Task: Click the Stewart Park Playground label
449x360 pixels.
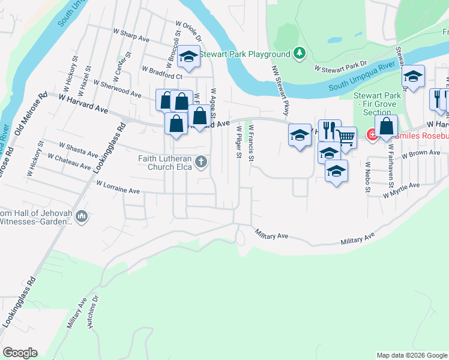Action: point(244,54)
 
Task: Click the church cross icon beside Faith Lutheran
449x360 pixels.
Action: point(201,161)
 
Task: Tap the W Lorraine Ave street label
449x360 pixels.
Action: point(118,187)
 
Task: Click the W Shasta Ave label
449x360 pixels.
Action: point(79,148)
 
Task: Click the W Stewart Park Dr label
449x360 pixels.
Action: point(341,67)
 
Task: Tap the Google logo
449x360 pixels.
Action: point(20,353)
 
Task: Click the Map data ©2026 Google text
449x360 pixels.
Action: point(412,355)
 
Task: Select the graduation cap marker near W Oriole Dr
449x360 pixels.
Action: point(189,58)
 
